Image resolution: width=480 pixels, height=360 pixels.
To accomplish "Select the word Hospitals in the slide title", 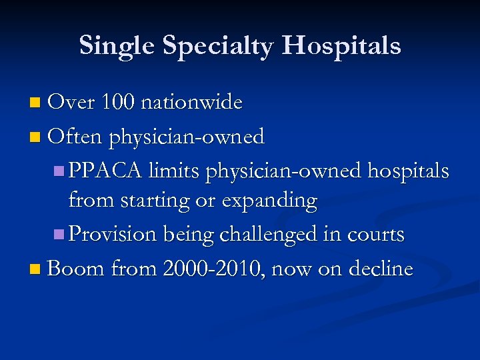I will click(341, 46).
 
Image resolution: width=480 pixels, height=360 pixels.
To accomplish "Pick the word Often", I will click(75, 137).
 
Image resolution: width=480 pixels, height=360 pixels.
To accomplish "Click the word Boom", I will click(76, 269).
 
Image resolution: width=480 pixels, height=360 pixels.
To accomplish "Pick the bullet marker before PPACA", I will click(59, 171).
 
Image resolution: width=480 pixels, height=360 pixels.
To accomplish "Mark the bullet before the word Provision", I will click(59, 235).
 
